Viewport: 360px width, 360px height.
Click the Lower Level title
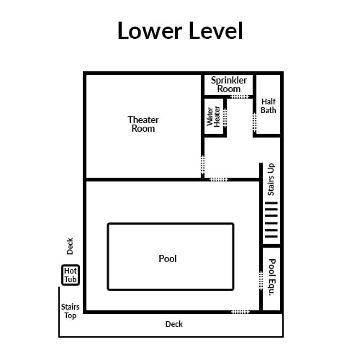coord(180,30)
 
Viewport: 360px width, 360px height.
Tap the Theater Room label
coord(143,124)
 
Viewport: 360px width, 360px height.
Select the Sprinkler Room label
coord(229,84)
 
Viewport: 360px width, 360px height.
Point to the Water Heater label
coord(213,117)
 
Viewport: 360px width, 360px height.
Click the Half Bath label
coord(269,106)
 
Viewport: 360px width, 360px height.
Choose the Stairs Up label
coord(271,179)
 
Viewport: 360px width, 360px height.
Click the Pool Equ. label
coord(271,277)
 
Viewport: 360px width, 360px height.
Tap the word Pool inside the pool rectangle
coord(168,258)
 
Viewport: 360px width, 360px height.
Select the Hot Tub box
coord(71,275)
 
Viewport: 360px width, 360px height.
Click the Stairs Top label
coord(70,311)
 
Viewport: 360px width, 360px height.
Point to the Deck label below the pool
coord(174,324)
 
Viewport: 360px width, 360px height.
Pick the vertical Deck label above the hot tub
coord(70,246)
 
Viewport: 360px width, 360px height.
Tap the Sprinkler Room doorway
coord(240,96)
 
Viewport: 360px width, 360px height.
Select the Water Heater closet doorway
coord(225,117)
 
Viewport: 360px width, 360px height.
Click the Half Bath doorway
coord(255,122)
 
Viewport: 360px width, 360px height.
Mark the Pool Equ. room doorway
coord(261,281)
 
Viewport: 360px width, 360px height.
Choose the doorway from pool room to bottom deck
coord(240,312)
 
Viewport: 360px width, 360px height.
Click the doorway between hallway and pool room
coord(219,179)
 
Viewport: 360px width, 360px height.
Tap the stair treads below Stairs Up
coord(271,220)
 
